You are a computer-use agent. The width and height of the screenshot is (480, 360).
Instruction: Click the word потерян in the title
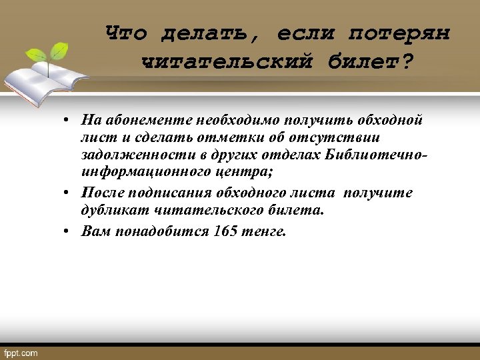pos(399,32)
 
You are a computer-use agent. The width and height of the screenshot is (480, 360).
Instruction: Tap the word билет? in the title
pos(370,61)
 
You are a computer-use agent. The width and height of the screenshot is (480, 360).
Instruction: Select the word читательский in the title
pos(227,61)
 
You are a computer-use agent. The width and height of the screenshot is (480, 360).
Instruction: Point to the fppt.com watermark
pos(21,353)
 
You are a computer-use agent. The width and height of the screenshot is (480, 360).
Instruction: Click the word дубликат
pos(113,210)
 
